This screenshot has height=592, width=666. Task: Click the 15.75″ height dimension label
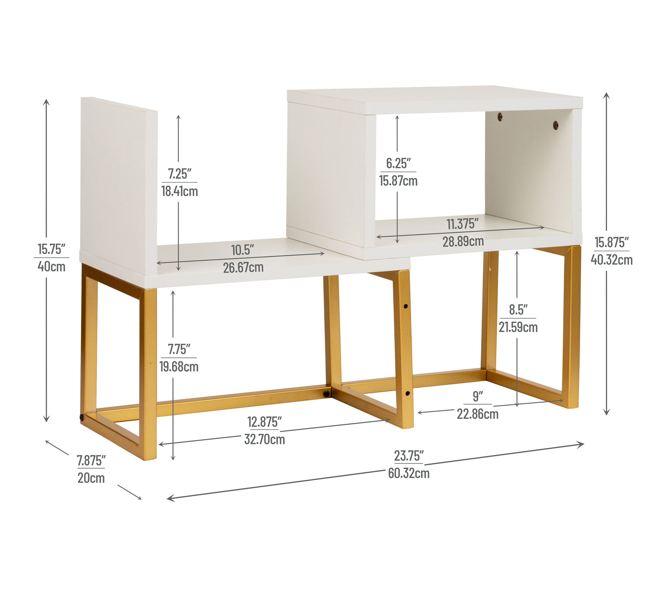[51, 249]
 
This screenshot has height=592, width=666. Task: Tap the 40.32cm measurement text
[612, 259]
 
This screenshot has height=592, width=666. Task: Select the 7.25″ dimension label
[179, 174]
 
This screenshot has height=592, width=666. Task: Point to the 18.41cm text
[179, 191]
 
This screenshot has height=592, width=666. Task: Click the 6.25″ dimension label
[398, 163]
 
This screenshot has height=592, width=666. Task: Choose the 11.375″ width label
[463, 224]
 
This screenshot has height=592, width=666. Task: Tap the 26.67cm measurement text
[243, 267]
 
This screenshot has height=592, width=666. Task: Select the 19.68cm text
[179, 367]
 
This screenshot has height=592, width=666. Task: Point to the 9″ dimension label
[478, 396]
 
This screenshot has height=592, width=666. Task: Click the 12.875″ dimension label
[264, 422]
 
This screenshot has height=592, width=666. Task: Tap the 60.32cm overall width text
[409, 473]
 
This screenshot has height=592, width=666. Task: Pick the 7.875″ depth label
[91, 461]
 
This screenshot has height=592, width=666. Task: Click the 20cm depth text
[91, 478]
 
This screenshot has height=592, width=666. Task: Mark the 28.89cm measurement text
[463, 241]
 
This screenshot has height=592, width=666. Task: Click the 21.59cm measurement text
[518, 327]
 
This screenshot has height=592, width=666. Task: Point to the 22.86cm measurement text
[478, 414]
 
